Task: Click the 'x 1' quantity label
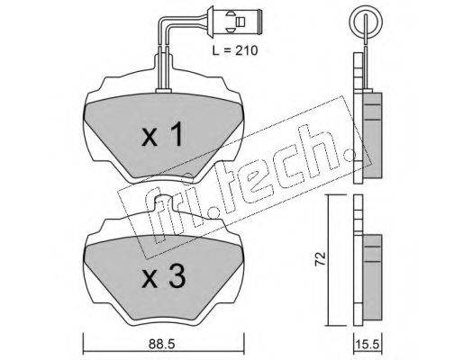pos(162,134)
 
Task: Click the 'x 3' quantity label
pos(163,276)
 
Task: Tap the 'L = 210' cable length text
pos(235,50)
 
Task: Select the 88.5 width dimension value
pos(162,344)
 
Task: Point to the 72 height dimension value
pos(321,258)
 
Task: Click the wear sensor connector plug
pos(235,22)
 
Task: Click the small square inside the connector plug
pos(241,22)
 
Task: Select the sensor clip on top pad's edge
pos(163,90)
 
